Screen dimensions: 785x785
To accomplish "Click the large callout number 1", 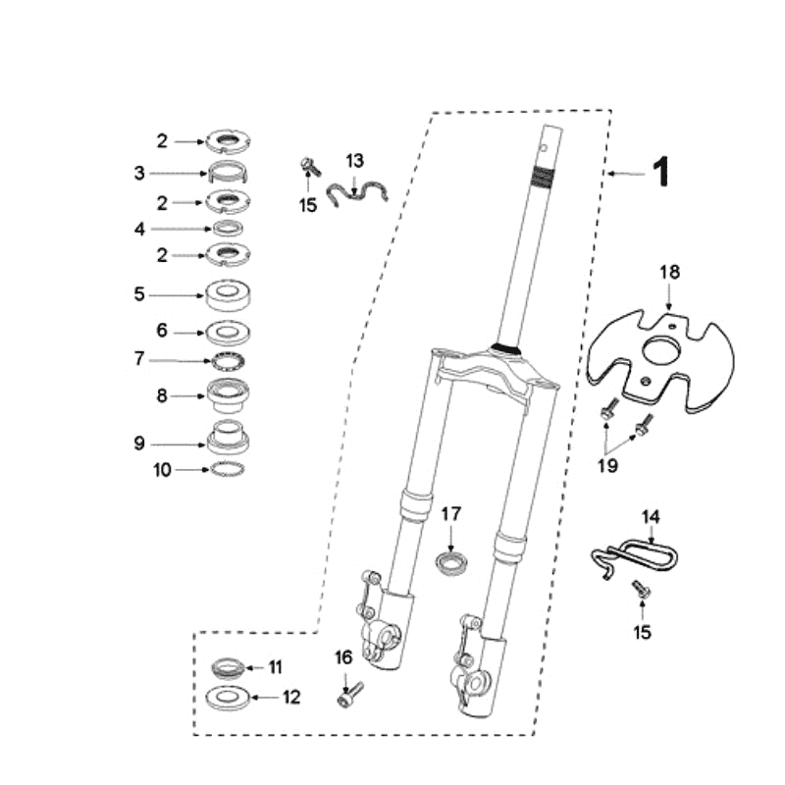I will pyautogui.click(x=661, y=173).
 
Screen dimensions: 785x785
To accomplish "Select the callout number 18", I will pyautogui.click(x=669, y=272).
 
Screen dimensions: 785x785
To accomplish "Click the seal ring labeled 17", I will pyautogui.click(x=452, y=563).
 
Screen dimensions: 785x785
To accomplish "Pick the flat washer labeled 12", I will pyautogui.click(x=229, y=699).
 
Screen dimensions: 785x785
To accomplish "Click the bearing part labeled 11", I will pyautogui.click(x=229, y=668).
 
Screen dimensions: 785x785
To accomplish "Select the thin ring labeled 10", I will pyautogui.click(x=228, y=470).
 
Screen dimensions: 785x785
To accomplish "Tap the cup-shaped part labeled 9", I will pyautogui.click(x=228, y=437).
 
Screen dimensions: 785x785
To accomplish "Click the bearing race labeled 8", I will pyautogui.click(x=228, y=395).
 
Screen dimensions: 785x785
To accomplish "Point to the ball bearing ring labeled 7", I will pyautogui.click(x=228, y=360).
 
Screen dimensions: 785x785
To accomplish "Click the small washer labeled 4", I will pyautogui.click(x=228, y=229).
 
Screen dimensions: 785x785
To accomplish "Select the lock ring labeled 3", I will pyautogui.click(x=228, y=174).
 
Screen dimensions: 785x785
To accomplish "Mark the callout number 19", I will pyautogui.click(x=608, y=464).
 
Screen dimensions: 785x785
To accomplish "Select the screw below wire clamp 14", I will pyautogui.click(x=640, y=591).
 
